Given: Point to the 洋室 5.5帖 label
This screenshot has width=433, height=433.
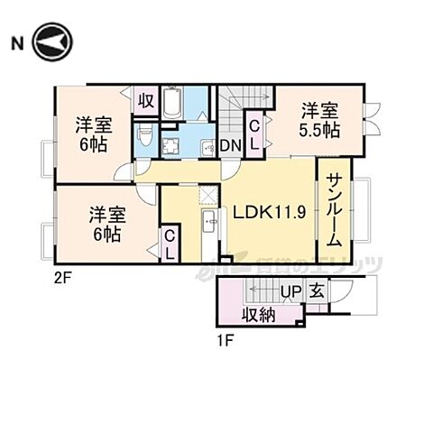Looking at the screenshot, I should [x=320, y=120].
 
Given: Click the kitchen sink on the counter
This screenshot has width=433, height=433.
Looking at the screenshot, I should [x=209, y=221].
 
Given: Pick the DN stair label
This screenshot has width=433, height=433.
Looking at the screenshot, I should [x=229, y=146].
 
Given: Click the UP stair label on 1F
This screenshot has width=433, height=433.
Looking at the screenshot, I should [x=290, y=291].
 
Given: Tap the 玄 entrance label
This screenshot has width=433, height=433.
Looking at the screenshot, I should [x=318, y=291].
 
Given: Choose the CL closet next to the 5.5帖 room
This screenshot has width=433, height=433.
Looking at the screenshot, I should [x=255, y=136].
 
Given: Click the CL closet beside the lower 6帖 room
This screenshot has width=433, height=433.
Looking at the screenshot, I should [x=169, y=244].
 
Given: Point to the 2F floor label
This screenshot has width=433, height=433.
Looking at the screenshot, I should [x=60, y=279].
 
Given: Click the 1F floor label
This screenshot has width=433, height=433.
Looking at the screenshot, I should [x=226, y=340].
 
